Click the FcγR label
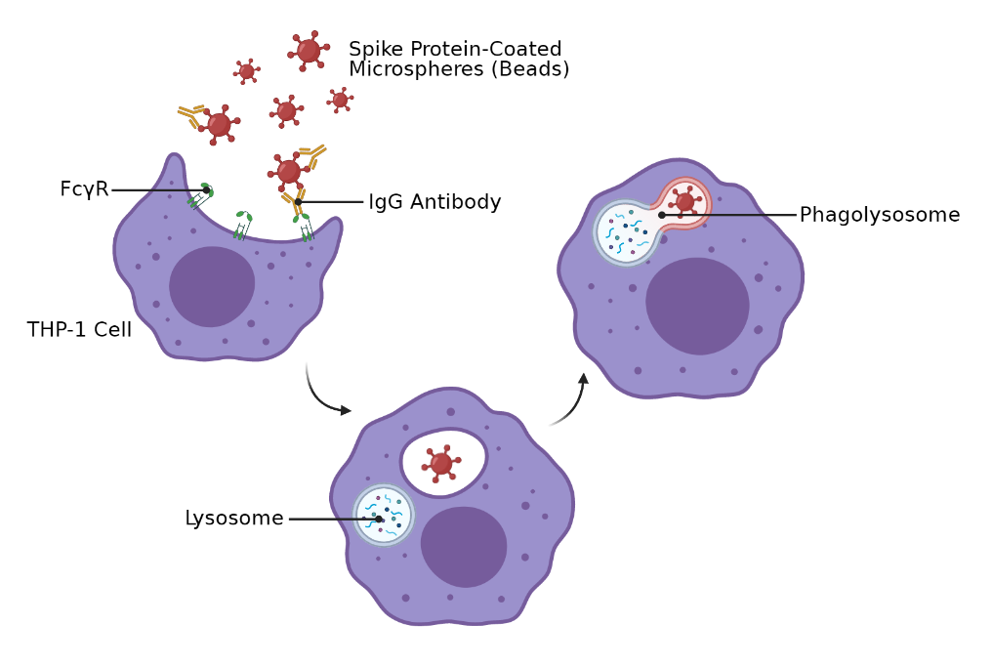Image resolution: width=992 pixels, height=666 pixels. click(84, 189)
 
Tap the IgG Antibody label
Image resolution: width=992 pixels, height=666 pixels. click(434, 202)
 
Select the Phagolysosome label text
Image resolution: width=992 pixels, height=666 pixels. click(879, 215)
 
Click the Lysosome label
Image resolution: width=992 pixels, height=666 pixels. click(233, 519)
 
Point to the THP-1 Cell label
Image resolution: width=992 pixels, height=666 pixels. click(79, 330)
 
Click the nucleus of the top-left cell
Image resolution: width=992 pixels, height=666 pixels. click(212, 286)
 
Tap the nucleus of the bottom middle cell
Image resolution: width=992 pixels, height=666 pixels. click(464, 547)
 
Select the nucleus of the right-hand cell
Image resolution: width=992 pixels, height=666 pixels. click(697, 306)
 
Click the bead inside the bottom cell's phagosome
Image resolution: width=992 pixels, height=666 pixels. click(441, 464)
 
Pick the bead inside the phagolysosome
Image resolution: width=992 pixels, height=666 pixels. click(684, 202)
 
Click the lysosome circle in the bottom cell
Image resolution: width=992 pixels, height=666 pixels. click(384, 515)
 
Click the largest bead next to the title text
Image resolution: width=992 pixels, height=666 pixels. click(309, 51)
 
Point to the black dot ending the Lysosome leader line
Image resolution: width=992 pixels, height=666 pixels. click(379, 519)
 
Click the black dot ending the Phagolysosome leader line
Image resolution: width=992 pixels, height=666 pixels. click(661, 215)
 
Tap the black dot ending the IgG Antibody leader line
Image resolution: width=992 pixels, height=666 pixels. click(298, 202)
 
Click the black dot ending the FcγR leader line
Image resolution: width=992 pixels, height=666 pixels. click(206, 190)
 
